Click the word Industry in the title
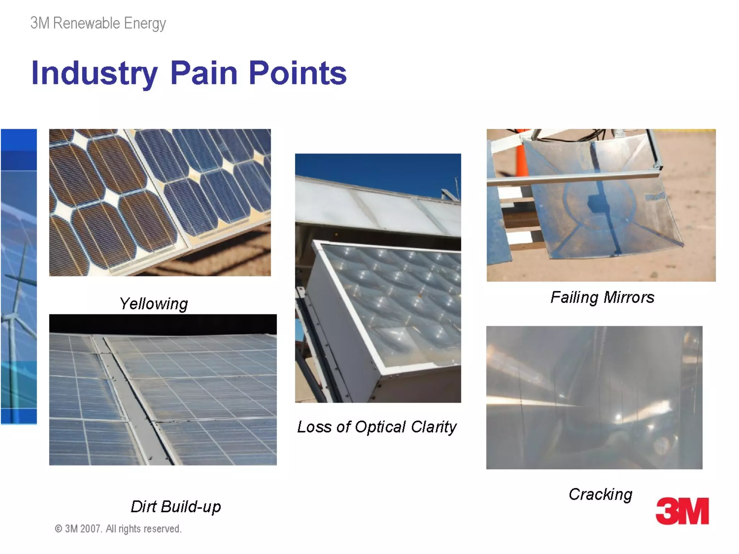coord(94,74)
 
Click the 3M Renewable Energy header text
coord(98,23)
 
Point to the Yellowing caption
coord(153,304)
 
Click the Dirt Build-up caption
coord(175,506)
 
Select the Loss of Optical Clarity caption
coord(377,427)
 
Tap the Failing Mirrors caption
coord(602,298)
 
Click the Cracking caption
coord(600,494)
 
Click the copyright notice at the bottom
coord(118,529)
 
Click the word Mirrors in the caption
coord(628,298)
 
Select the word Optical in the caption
coord(380,427)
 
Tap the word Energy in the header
coord(145,24)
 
